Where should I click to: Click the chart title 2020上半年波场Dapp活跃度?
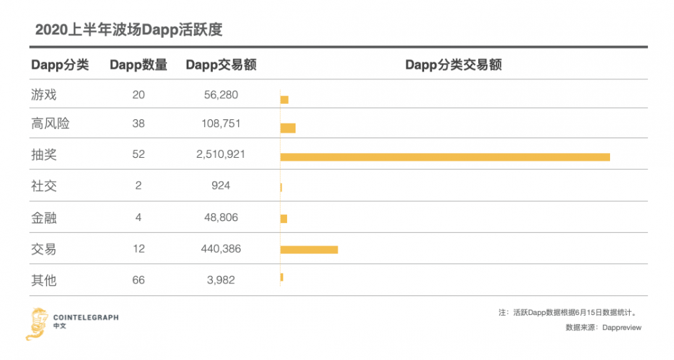pyautogui.click(x=128, y=29)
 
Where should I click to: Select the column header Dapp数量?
pyautogui.click(x=138, y=65)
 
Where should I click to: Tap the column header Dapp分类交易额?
pyautogui.click(x=454, y=65)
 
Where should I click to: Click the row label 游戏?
pyautogui.click(x=44, y=95)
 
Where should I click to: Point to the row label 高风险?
pyautogui.click(x=51, y=124)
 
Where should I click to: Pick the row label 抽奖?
pyautogui.click(x=44, y=154)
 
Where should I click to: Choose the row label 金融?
pyautogui.click(x=44, y=218)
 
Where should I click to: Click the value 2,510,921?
pyautogui.click(x=221, y=154)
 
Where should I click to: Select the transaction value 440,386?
pyautogui.click(x=221, y=248)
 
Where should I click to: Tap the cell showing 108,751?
pyautogui.click(x=221, y=124)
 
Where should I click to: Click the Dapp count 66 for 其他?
pyautogui.click(x=138, y=280)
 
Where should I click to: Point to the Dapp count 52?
pyautogui.click(x=138, y=154)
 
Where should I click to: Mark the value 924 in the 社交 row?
pyautogui.click(x=221, y=185)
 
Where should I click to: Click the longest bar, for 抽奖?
pyautogui.click(x=445, y=157)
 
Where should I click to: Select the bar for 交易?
pyautogui.click(x=309, y=250)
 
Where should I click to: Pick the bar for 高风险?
pyautogui.click(x=288, y=128)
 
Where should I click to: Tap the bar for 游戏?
pyautogui.click(x=284, y=100)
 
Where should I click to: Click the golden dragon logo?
pyautogui.click(x=36, y=324)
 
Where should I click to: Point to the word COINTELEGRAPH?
pyautogui.click(x=86, y=317)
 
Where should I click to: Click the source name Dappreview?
pyautogui.click(x=622, y=327)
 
